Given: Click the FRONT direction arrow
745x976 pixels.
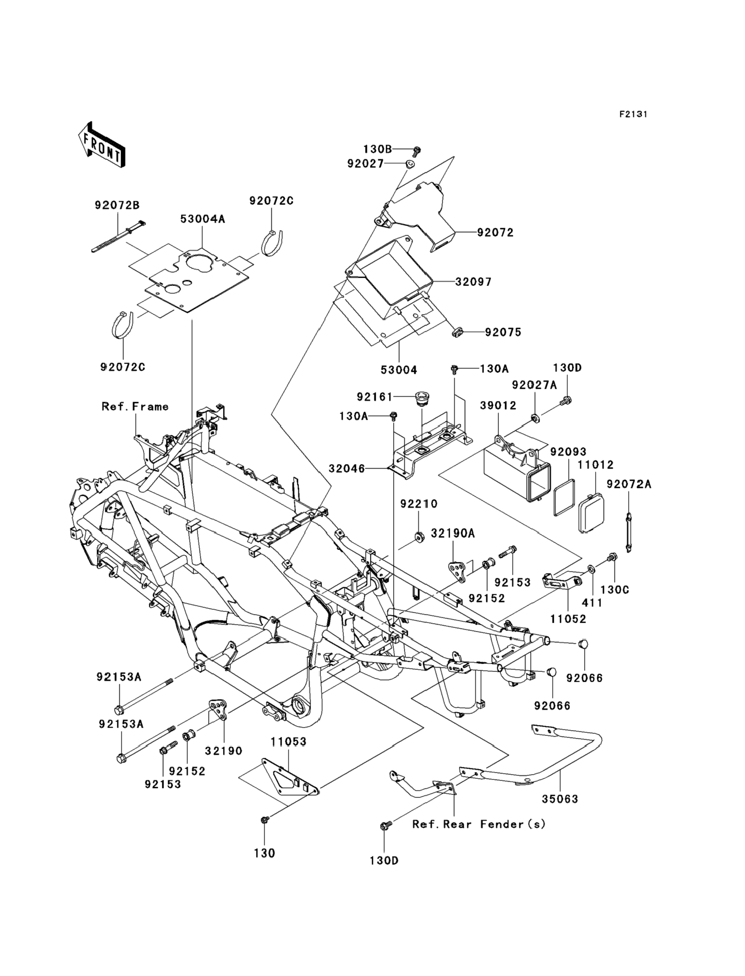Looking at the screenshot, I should click(x=101, y=145).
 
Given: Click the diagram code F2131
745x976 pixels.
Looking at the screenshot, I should click(x=633, y=114).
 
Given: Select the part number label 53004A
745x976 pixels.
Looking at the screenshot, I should click(x=203, y=219).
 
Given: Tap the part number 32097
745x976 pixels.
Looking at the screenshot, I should click(x=474, y=282).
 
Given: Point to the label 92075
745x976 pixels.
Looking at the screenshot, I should click(x=503, y=332).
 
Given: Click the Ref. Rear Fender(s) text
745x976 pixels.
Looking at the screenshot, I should click(x=479, y=824).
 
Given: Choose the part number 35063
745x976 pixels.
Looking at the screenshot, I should click(x=560, y=799).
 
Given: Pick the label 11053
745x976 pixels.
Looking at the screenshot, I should click(x=289, y=741).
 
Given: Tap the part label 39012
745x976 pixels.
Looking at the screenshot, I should click(x=498, y=405).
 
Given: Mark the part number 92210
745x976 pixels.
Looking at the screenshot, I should click(x=419, y=504).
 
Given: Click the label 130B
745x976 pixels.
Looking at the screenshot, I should click(x=378, y=149).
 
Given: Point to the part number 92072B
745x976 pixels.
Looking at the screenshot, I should click(x=117, y=205).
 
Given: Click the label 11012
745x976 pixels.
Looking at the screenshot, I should click(x=596, y=465).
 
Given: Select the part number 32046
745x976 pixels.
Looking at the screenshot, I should click(x=347, y=469).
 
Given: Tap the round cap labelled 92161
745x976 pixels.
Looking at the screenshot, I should click(x=421, y=397).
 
